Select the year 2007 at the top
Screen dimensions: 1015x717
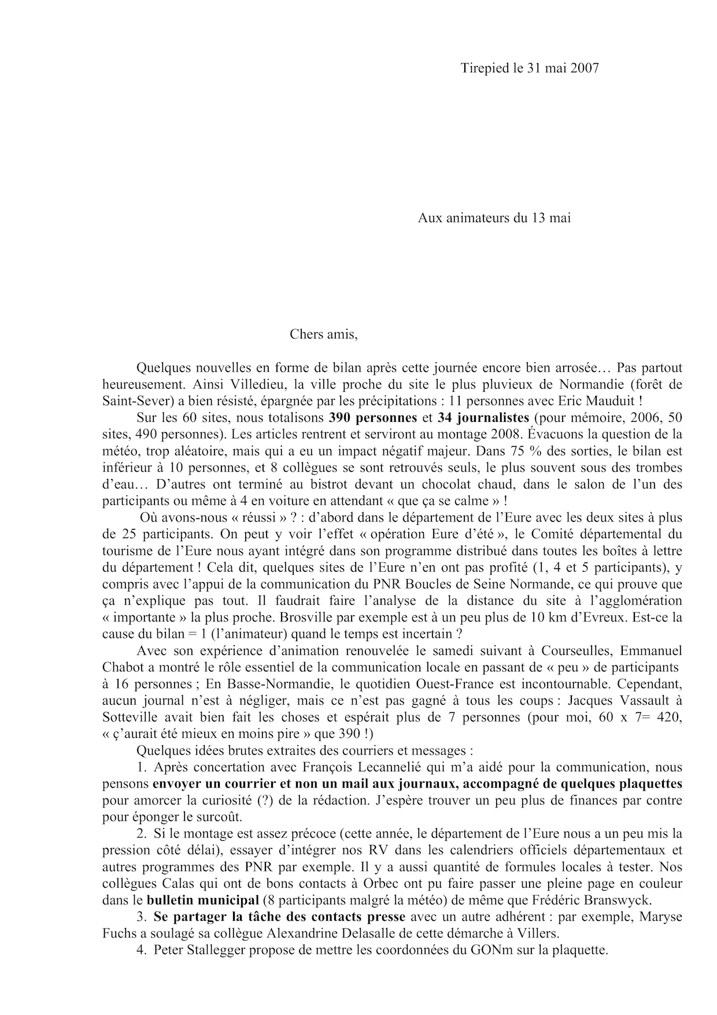coord(584,68)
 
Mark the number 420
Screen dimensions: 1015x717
coord(671,718)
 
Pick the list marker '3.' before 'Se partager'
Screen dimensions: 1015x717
coord(142,918)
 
